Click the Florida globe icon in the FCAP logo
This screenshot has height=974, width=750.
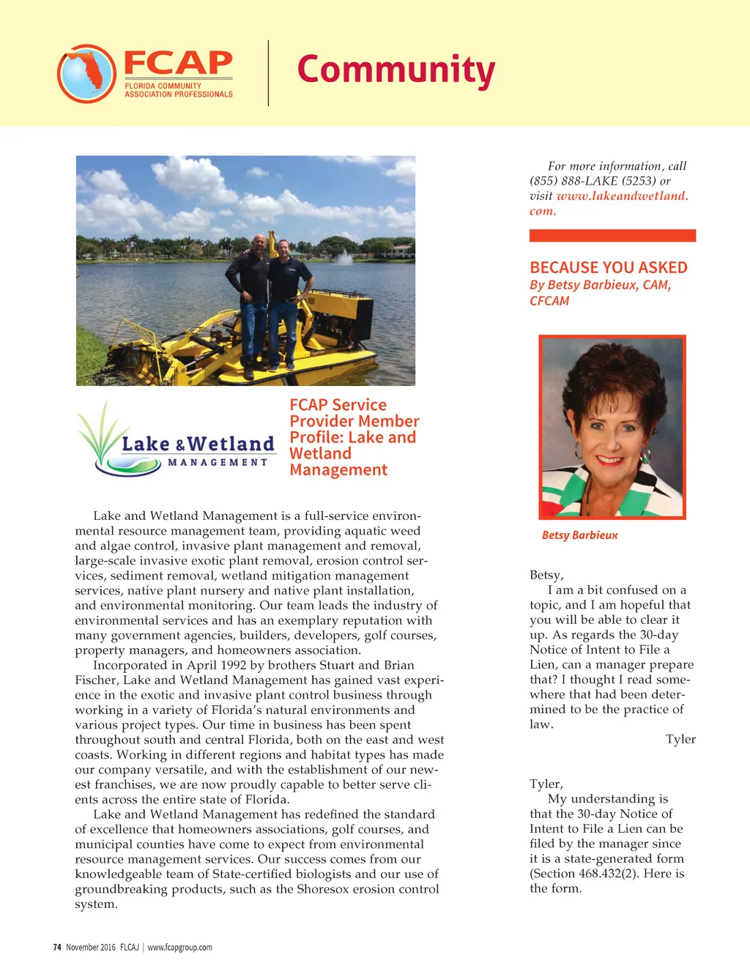pyautogui.click(x=86, y=73)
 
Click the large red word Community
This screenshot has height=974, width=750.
pyautogui.click(x=396, y=70)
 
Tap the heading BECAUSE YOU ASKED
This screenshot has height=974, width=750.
pyautogui.click(x=608, y=267)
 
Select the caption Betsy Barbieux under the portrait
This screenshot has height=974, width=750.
pyautogui.click(x=579, y=535)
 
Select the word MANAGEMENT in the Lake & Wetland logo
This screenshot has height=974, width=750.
pyautogui.click(x=218, y=462)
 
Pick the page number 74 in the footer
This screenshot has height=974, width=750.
pyautogui.click(x=57, y=947)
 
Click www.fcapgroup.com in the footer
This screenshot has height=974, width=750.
pyautogui.click(x=179, y=947)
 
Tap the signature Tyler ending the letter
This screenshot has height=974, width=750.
pyautogui.click(x=680, y=739)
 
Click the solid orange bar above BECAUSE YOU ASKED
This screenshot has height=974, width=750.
pyautogui.click(x=612, y=235)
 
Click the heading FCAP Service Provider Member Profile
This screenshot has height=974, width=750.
pyautogui.click(x=354, y=437)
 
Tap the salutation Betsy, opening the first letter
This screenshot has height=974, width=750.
pyautogui.click(x=546, y=575)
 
